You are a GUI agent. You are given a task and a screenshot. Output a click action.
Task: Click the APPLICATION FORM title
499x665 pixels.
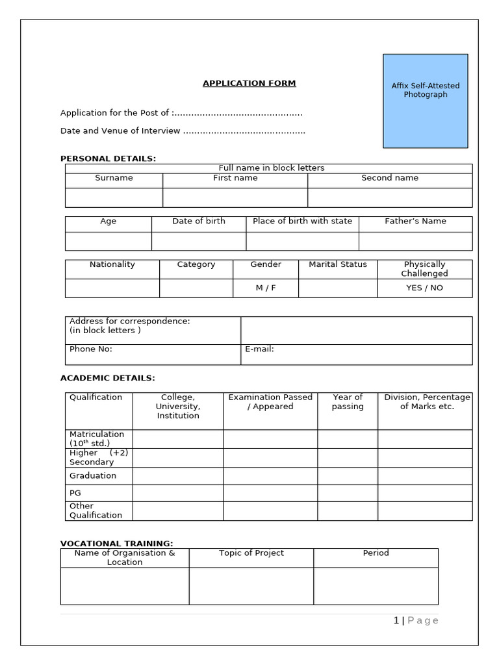click(249, 83)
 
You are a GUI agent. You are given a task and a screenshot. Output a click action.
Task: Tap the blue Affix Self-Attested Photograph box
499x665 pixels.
click(425, 101)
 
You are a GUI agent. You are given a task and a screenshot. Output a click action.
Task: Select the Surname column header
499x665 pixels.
click(114, 178)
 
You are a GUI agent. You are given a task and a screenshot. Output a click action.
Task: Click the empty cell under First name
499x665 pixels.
click(235, 197)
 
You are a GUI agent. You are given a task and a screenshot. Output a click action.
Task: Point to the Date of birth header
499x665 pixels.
click(199, 221)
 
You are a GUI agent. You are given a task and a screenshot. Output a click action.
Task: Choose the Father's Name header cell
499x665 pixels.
click(415, 221)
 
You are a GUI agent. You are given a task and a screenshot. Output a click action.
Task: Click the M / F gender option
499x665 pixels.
click(266, 288)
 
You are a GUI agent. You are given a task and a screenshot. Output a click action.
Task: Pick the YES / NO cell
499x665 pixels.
click(424, 288)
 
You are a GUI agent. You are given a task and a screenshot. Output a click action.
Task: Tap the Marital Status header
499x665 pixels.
click(338, 264)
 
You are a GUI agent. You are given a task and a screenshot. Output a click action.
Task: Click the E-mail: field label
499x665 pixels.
click(259, 349)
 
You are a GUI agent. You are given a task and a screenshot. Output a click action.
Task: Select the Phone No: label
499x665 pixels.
click(91, 349)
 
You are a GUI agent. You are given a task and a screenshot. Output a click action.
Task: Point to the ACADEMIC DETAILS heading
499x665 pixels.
click(108, 378)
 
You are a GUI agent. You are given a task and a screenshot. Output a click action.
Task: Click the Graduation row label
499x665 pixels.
click(93, 476)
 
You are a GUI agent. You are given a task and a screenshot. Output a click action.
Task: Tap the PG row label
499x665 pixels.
click(75, 494)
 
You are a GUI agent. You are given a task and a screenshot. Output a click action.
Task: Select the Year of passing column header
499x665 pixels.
click(348, 402)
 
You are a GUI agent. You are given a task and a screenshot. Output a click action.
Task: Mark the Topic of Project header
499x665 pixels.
click(251, 553)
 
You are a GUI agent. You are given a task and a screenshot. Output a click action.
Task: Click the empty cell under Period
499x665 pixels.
click(376, 586)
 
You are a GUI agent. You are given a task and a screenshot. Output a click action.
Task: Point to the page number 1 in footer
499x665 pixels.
click(396, 621)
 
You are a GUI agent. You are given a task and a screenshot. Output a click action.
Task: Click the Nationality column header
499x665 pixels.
click(112, 264)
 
